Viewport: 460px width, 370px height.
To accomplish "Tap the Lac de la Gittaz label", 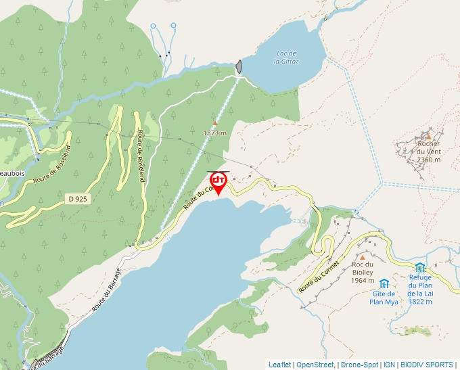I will click(x=287, y=57).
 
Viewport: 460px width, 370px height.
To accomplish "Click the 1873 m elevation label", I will click(x=214, y=133).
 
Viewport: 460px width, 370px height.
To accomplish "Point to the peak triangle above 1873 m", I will click(x=214, y=123).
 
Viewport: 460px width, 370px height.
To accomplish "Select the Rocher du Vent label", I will click(x=429, y=152).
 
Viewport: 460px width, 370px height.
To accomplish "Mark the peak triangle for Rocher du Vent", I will click(x=428, y=136).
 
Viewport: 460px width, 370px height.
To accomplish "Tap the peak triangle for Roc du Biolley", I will click(x=363, y=258).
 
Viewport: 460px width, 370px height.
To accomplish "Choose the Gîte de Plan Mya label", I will click(x=383, y=298).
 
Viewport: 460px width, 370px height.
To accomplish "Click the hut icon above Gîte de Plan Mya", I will click(x=384, y=283).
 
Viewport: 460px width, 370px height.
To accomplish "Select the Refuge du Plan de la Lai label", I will click(x=420, y=289).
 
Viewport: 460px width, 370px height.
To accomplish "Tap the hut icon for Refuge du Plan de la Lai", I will click(x=420, y=268).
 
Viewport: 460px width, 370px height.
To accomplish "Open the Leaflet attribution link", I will click(x=279, y=365).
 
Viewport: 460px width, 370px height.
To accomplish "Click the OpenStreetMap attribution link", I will click(x=315, y=365).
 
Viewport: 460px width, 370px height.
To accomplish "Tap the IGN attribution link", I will click(x=389, y=365).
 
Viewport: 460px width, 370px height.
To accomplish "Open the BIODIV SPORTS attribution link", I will click(x=427, y=365).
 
